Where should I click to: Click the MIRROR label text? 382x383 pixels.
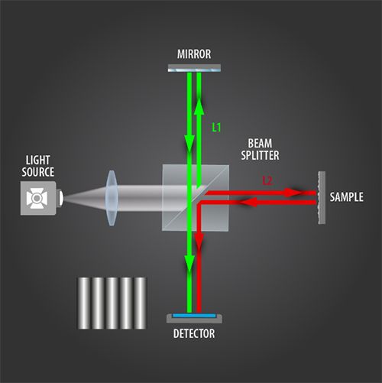(194, 54)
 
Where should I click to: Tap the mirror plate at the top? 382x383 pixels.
(194, 68)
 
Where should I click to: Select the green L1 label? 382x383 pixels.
(216, 127)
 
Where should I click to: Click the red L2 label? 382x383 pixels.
(267, 180)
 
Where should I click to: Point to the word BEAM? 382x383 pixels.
(260, 143)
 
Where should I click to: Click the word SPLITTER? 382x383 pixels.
(260, 155)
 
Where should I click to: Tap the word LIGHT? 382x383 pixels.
(37, 160)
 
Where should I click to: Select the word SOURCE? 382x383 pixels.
(37, 172)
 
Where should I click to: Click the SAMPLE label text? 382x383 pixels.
(346, 197)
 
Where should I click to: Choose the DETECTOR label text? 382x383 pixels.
(194, 333)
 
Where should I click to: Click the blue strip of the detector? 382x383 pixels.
(194, 316)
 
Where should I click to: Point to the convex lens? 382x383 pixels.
(112, 198)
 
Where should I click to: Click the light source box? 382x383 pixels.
(38, 198)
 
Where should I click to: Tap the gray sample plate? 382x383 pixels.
(322, 198)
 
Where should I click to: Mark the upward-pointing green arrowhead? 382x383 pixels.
(199, 105)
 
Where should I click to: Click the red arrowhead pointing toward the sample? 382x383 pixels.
(293, 193)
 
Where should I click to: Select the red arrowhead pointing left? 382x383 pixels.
(248, 203)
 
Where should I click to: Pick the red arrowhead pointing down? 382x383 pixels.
(199, 241)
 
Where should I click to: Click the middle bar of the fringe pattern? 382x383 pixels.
(112, 303)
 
